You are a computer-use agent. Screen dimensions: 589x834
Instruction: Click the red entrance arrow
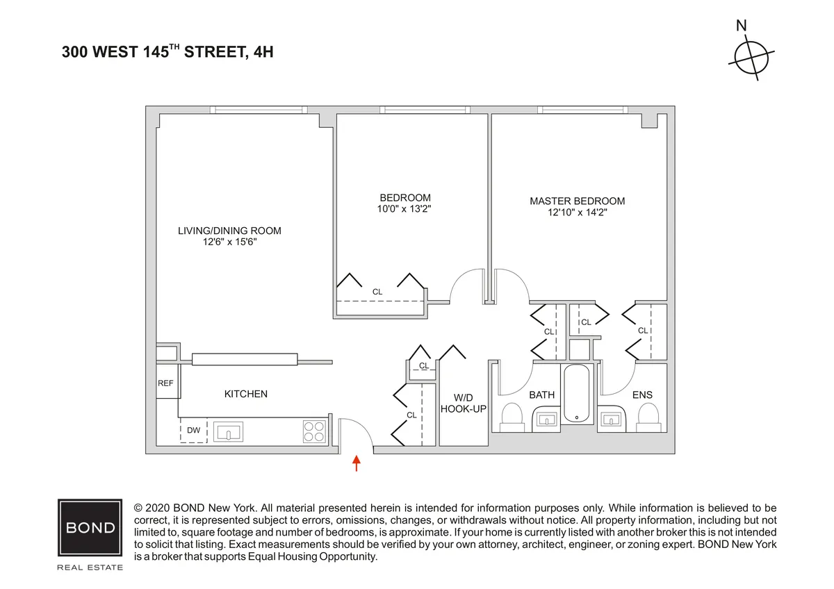pos(357,463)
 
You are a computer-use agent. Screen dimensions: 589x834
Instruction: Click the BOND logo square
pos(90,528)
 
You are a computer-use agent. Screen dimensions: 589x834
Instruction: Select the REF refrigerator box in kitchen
pos(166,383)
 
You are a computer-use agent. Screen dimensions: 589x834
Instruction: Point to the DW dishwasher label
pos(193,431)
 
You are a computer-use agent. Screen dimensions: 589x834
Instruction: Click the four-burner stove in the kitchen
pos(315,431)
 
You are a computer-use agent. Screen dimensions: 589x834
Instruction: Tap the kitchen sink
pos(228,431)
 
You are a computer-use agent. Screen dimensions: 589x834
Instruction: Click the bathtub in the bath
pos(576,394)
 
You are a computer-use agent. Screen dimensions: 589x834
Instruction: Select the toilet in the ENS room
pos(648,418)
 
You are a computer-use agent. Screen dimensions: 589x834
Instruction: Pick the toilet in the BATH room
pos(512,418)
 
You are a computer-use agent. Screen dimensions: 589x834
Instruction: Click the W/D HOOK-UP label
pos(463,403)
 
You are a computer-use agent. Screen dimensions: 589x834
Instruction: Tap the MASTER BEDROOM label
pos(577,201)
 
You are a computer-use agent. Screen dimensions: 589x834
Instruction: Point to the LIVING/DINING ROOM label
pos(229,231)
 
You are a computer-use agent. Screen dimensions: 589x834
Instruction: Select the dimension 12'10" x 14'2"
pos(577,213)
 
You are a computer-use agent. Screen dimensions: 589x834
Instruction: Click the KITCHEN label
pos(245,395)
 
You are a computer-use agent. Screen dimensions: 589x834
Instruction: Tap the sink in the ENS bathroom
pos(612,420)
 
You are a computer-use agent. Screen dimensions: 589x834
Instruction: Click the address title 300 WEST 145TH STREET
pos(167,51)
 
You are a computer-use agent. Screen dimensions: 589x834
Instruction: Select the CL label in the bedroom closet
pos(377,292)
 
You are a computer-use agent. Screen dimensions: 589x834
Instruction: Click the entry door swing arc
pos(361,431)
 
